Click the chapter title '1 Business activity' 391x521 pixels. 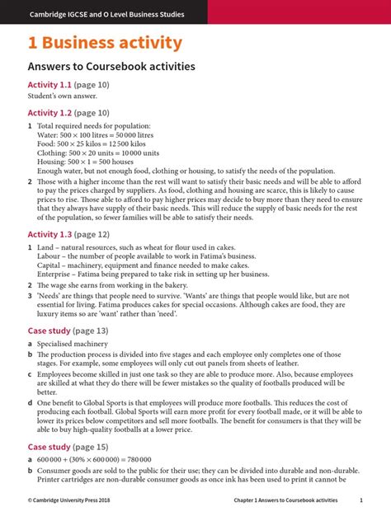(x=106, y=43)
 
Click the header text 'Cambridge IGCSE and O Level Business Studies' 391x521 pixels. (x=107, y=14)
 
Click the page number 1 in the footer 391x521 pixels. (x=361, y=500)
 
